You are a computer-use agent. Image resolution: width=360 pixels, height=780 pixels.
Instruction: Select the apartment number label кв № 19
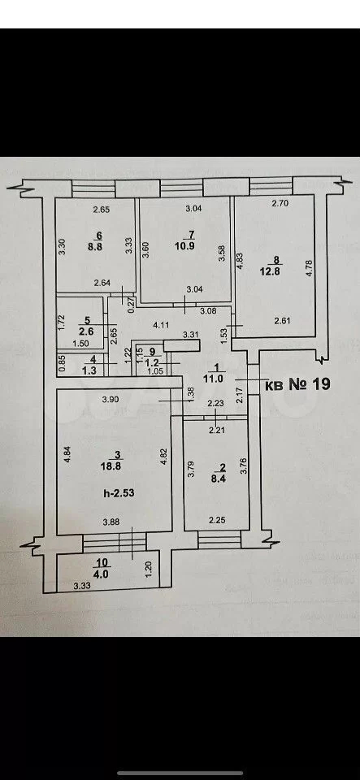[297, 384]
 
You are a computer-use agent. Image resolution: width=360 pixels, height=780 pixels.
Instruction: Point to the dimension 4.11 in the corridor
[160, 324]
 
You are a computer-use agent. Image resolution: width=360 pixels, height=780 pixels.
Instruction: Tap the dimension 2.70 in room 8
[279, 203]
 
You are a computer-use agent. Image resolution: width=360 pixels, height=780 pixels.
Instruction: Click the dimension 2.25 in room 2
[217, 521]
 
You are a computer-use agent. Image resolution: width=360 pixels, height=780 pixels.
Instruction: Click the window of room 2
[219, 539]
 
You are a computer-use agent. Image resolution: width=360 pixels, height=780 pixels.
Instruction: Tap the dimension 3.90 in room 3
[110, 398]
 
